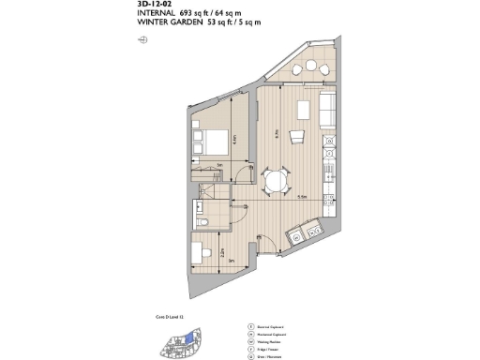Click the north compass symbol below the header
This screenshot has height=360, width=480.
coord(142,40)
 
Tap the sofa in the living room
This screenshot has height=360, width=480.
coord(327,111)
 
